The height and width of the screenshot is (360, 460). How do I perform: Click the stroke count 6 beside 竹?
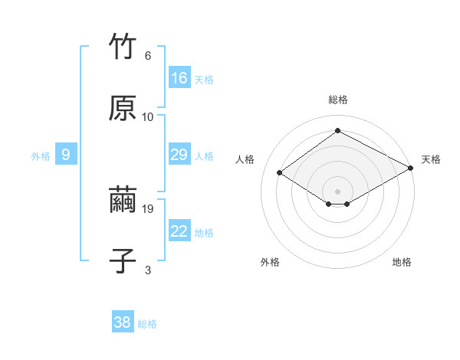point(147,56)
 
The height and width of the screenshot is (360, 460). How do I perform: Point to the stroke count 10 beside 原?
point(148,116)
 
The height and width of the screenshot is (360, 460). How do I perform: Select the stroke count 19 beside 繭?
point(149,208)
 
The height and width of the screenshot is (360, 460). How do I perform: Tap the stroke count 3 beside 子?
point(147,270)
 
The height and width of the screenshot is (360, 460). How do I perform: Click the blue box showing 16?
point(179,78)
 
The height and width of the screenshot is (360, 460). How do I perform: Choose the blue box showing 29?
point(179,155)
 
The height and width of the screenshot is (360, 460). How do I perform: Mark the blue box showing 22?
point(179,232)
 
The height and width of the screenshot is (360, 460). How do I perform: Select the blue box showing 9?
point(66,155)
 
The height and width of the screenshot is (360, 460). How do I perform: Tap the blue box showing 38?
point(123,322)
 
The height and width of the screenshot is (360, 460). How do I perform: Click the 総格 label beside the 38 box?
point(148,324)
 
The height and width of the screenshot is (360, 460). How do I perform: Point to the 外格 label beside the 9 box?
point(41,156)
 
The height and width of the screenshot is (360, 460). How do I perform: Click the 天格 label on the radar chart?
point(431,159)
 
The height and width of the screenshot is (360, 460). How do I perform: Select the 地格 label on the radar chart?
point(402,262)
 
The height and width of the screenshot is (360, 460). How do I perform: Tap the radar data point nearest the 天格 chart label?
point(412,169)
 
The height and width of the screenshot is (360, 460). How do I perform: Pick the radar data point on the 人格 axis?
point(280,173)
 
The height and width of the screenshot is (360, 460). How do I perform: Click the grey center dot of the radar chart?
point(337,190)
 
